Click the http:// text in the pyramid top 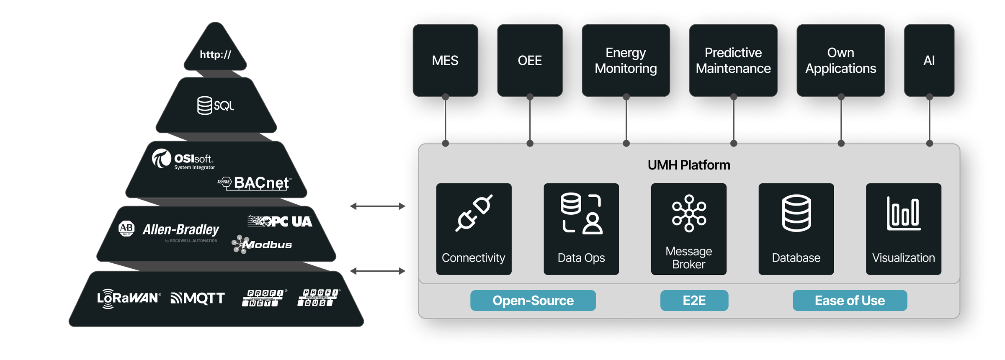[x=215, y=54]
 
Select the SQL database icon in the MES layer [x=205, y=105]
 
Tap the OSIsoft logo [x=183, y=159]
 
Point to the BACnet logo [x=255, y=183]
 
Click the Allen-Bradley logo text [x=180, y=230]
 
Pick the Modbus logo [x=262, y=244]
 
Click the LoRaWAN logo [x=128, y=298]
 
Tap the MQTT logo [x=198, y=298]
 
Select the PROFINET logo [x=264, y=298]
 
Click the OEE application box [x=529, y=61]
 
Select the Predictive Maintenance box [x=733, y=61]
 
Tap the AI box [x=929, y=61]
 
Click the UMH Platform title [x=688, y=165]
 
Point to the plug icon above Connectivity [x=474, y=213]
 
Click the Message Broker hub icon [x=689, y=213]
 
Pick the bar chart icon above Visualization [x=903, y=213]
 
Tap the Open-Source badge [x=533, y=301]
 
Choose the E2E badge [x=694, y=301]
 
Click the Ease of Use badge [x=849, y=301]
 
